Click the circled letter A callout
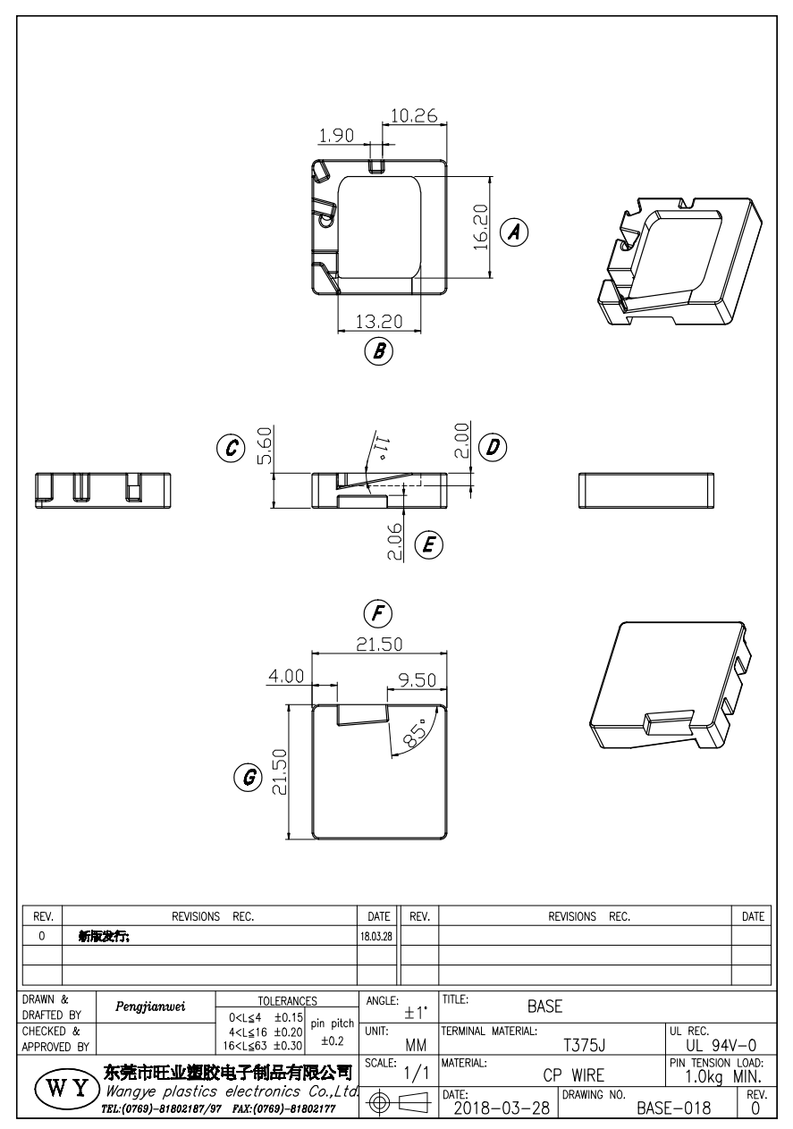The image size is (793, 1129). pos(513,232)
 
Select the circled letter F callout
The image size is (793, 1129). pos(380,613)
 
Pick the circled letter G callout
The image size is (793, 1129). pos(241,777)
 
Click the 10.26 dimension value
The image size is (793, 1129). pos(413,115)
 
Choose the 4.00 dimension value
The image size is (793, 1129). pos(287,676)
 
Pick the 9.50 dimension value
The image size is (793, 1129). pos(417,680)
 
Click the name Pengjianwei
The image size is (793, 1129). pos(152,1007)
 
